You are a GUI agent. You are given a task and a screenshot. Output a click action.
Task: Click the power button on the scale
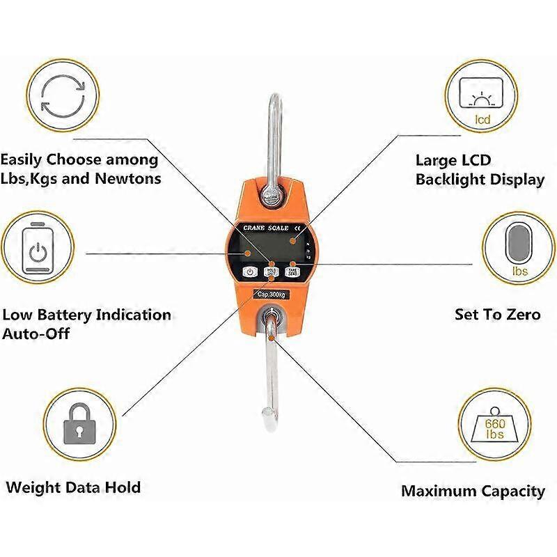click(250, 272)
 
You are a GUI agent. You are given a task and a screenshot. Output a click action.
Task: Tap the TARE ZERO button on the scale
click(293, 272)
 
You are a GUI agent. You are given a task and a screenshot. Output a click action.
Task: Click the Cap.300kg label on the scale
click(272, 294)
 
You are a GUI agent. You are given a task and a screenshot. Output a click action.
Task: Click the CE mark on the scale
click(298, 228)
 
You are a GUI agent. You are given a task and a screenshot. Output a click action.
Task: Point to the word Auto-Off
click(36, 334)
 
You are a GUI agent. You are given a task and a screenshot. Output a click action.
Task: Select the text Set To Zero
click(497, 315)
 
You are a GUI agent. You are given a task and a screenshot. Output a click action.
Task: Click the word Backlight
click(450, 180)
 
